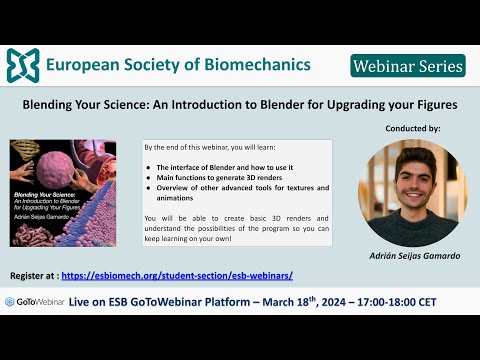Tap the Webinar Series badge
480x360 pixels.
(x=408, y=66)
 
